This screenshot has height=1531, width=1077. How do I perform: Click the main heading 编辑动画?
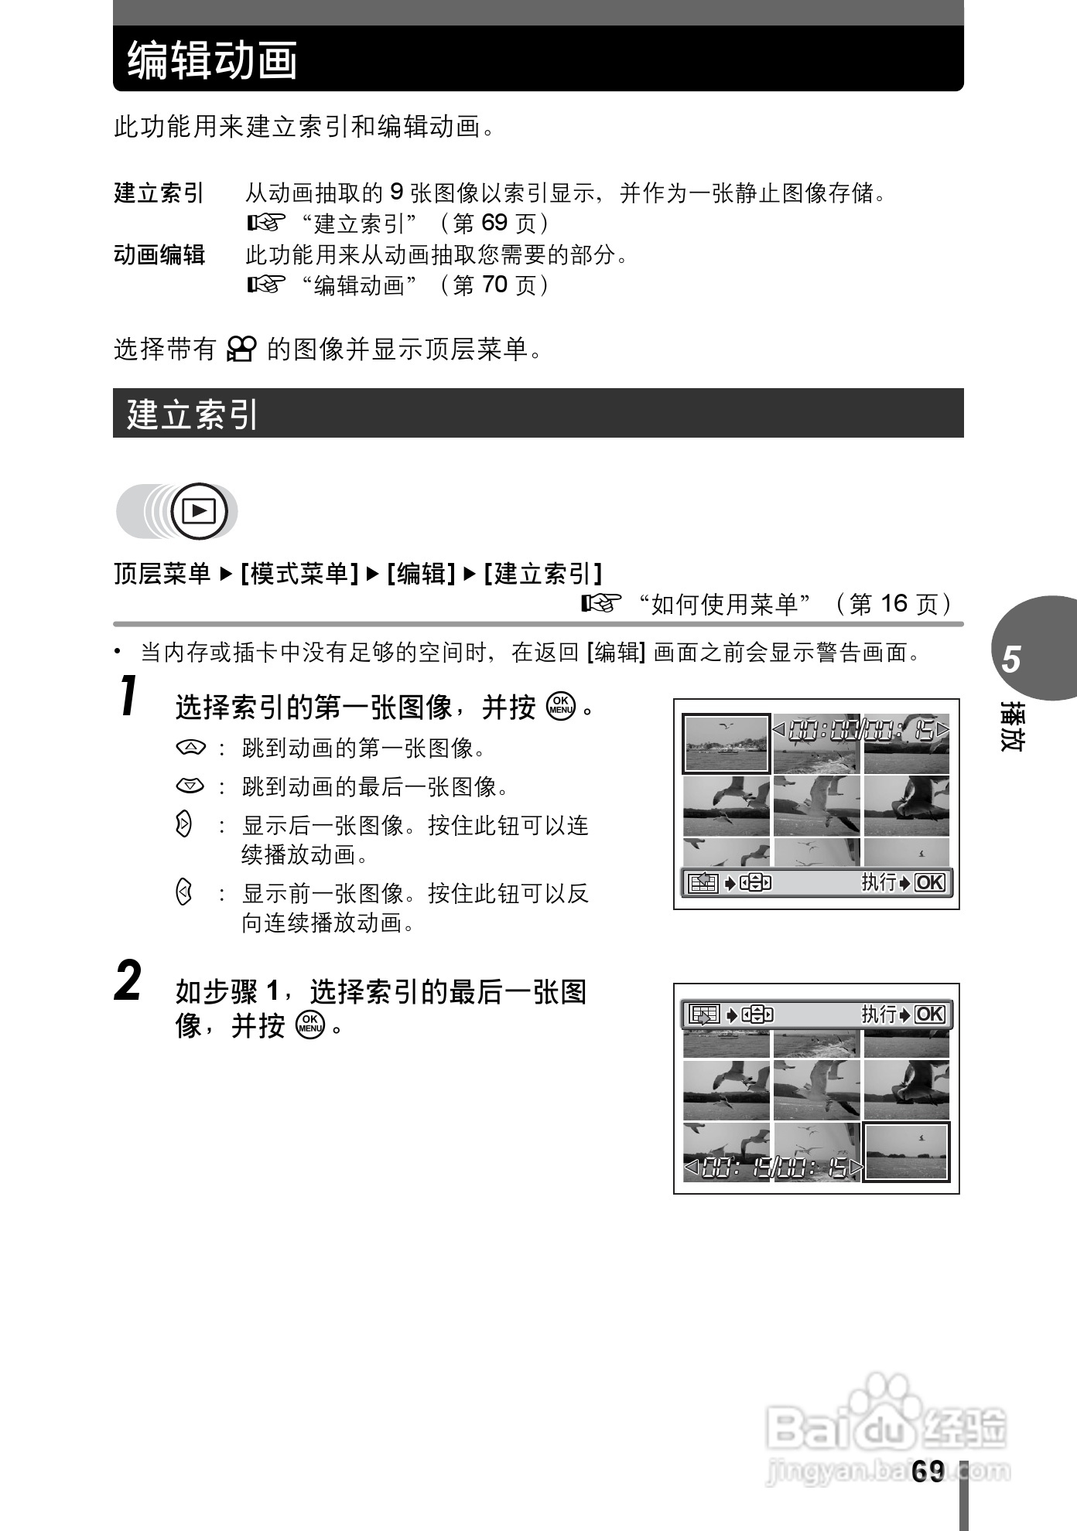213,60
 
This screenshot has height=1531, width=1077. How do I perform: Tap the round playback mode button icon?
199,511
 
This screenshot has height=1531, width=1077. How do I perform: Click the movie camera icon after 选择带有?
241,350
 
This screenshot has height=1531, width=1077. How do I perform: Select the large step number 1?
130,697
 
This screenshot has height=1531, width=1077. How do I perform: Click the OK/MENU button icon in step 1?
561,706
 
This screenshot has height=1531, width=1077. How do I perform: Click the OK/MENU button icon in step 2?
310,1025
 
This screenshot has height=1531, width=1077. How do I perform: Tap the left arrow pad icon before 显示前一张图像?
183,893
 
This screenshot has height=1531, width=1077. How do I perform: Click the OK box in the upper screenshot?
929,882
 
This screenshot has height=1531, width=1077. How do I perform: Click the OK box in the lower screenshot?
929,1014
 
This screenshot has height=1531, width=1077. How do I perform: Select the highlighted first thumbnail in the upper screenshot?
726,744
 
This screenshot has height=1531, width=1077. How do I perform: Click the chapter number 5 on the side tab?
1011,660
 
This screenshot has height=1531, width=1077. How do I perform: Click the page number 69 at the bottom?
928,1471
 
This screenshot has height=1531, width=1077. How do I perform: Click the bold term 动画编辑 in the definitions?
159,254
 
